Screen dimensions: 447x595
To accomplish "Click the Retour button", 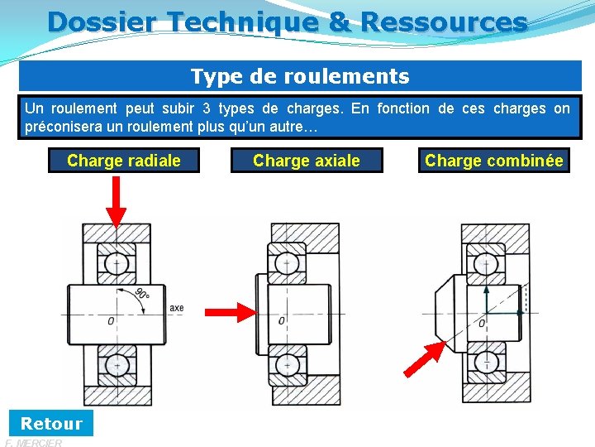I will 51,423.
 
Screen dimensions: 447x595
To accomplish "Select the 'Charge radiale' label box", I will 124,161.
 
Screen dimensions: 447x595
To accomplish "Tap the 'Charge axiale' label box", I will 307,161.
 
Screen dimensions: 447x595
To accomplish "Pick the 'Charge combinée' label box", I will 494,161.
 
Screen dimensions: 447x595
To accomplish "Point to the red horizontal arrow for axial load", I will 232,311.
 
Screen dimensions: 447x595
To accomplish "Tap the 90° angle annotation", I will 141,295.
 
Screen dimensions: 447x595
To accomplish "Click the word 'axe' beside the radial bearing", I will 176,308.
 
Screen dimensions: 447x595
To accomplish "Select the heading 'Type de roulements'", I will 300,77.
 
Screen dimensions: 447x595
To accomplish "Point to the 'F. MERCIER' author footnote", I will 33,443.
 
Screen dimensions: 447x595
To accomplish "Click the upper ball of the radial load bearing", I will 117,263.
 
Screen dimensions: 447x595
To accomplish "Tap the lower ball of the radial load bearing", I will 117,363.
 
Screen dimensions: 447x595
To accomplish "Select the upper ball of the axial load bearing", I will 287,263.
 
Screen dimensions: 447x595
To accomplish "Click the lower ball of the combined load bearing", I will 486,362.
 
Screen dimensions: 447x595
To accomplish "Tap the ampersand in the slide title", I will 340,22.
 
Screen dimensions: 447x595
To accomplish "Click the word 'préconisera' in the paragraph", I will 64,127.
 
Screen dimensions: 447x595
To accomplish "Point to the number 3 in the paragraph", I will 206,108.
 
